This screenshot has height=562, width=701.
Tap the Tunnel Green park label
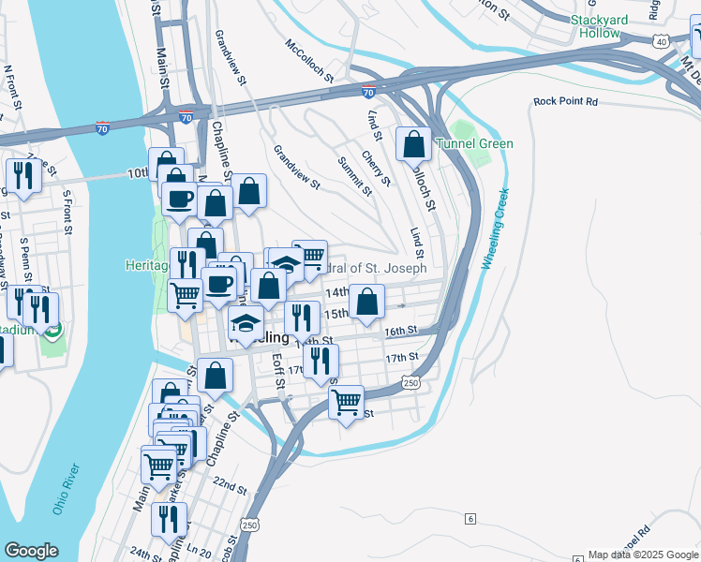473,143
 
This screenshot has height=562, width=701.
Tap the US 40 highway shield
662,41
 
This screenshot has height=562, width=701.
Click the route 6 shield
470,518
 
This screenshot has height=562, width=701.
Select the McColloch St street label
310,61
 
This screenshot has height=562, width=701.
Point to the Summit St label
356,176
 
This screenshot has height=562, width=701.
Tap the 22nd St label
229,490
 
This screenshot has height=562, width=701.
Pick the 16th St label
399,331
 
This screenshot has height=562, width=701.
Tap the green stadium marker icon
55,330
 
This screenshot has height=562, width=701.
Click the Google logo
31,551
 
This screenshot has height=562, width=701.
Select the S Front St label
67,214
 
